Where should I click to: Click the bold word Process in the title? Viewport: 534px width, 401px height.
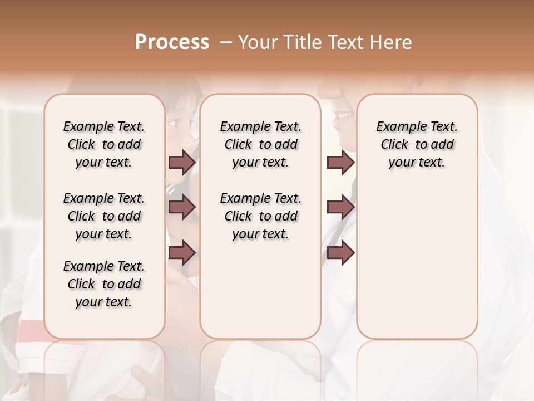pos(172,42)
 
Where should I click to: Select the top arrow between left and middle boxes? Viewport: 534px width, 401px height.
pos(182,163)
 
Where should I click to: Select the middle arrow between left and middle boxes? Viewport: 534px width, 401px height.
pos(182,207)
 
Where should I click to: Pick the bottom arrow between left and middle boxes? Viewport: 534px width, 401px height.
pos(182,252)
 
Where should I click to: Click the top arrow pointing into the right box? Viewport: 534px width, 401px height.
pos(340,163)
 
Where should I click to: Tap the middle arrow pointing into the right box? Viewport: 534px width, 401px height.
pos(340,207)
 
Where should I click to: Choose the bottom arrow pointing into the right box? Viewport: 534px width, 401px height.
pos(340,252)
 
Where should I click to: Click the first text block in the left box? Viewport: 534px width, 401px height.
pos(104,144)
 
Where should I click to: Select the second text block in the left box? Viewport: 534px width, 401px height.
pos(104,216)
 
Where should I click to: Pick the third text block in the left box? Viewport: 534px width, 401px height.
pos(104,284)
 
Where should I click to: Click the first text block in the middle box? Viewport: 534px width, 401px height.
pos(261,144)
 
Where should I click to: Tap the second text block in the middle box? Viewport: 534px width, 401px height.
pos(261,216)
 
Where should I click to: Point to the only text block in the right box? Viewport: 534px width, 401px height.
pos(417,144)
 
